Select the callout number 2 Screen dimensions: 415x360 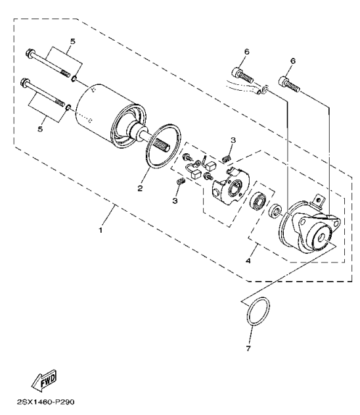tap(140, 188)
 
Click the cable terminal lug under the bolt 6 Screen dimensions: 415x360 tap(263, 89)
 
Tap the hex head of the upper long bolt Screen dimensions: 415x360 tap(28, 53)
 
